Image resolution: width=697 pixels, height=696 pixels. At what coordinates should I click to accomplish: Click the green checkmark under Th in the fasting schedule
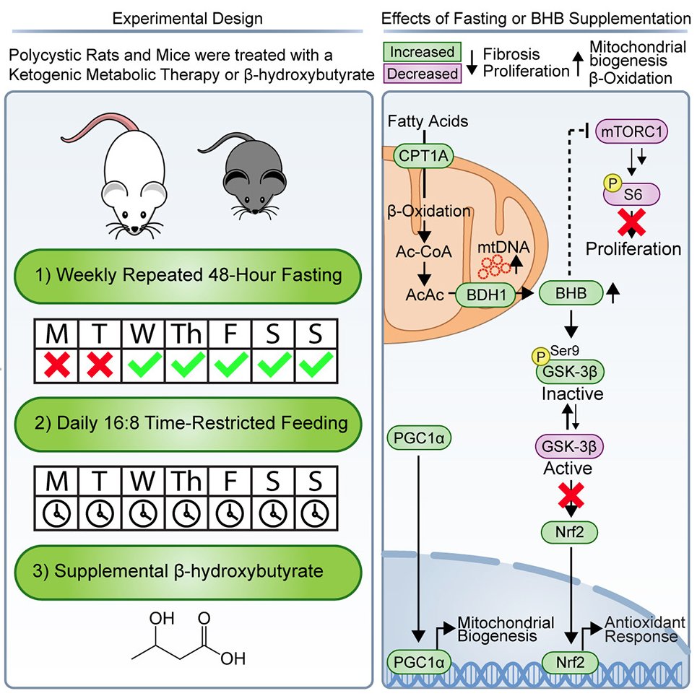coord(187,366)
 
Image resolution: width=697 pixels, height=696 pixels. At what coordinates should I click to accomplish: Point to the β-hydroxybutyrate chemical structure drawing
coord(189,640)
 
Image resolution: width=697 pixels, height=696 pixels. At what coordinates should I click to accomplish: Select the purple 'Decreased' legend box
coord(423,73)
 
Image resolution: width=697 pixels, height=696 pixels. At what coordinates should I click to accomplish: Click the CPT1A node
coord(423,154)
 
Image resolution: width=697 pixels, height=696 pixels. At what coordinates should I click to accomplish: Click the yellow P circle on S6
coord(610,186)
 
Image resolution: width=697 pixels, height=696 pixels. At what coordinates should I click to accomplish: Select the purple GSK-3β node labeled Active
coord(570,445)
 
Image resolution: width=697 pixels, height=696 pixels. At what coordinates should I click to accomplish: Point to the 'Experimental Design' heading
coord(187,18)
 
